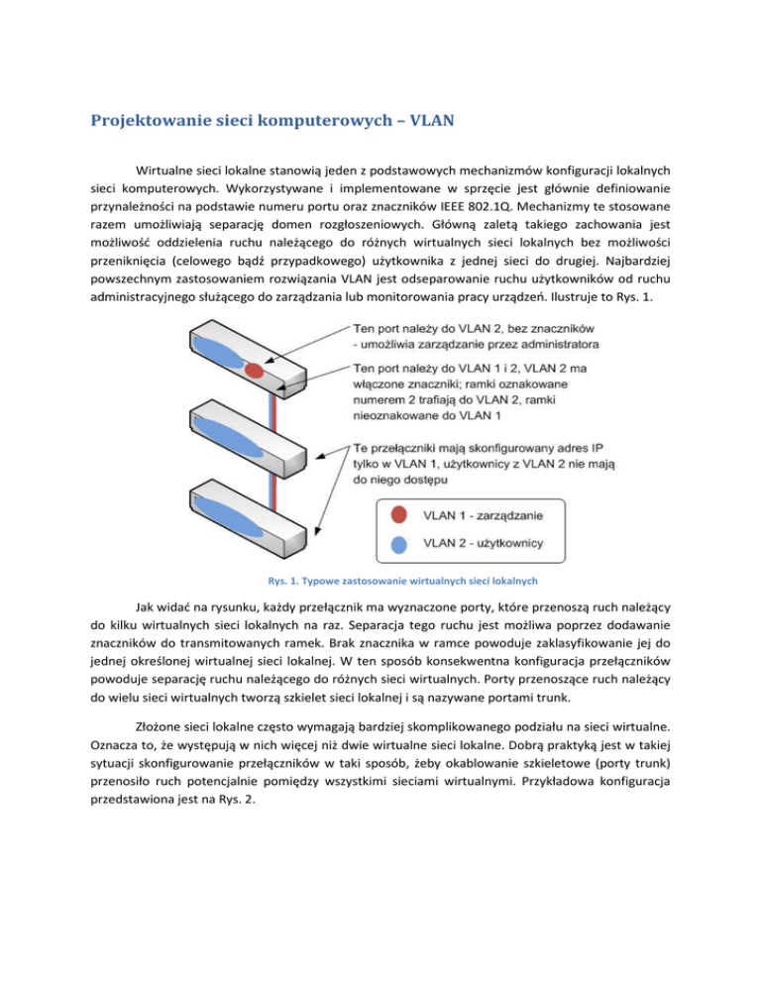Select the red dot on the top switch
tap(254, 370)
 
